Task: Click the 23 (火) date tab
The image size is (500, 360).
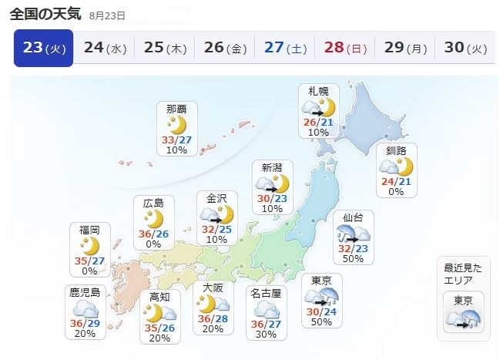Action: (x=43, y=49)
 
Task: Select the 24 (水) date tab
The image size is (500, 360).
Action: (x=105, y=49)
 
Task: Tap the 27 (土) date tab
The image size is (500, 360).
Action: (x=285, y=49)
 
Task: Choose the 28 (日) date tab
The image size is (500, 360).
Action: (x=345, y=49)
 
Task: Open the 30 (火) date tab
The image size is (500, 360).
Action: (x=465, y=49)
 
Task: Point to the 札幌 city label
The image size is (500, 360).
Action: (x=318, y=91)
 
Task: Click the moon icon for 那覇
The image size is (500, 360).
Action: (x=176, y=125)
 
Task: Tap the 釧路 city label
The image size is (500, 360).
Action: (x=396, y=150)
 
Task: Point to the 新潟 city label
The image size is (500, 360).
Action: (x=272, y=167)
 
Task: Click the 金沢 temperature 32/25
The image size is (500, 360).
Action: (x=216, y=229)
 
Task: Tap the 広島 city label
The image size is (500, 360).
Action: (x=153, y=202)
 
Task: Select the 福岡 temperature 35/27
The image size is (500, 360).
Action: (x=89, y=261)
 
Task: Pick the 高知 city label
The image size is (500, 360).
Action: (x=159, y=297)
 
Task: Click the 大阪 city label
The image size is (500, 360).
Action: (x=213, y=287)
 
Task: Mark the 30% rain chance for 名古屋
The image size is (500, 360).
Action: (x=266, y=333)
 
